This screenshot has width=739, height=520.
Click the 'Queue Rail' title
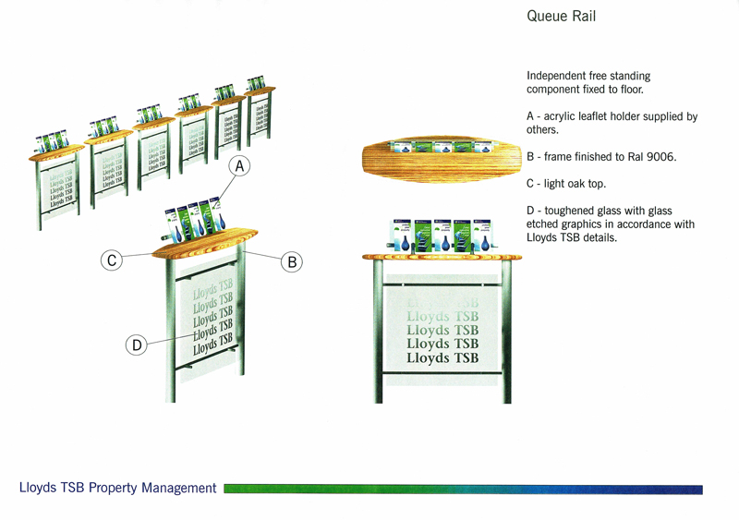click(x=559, y=17)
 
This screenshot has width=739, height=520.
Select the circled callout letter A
click(x=239, y=167)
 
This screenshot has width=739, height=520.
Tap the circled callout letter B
click(x=291, y=262)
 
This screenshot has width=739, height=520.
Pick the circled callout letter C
click(x=112, y=261)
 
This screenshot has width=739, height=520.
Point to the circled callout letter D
click(x=137, y=345)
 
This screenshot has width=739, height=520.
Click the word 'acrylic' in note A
click(x=564, y=116)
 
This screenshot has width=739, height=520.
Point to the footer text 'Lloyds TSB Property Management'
click(x=118, y=488)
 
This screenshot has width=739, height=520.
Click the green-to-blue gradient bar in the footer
click(x=462, y=489)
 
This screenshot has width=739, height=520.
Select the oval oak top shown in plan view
click(x=434, y=157)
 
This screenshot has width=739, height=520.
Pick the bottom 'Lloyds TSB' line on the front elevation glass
click(x=442, y=357)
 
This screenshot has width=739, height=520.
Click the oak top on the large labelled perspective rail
click(x=203, y=242)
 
